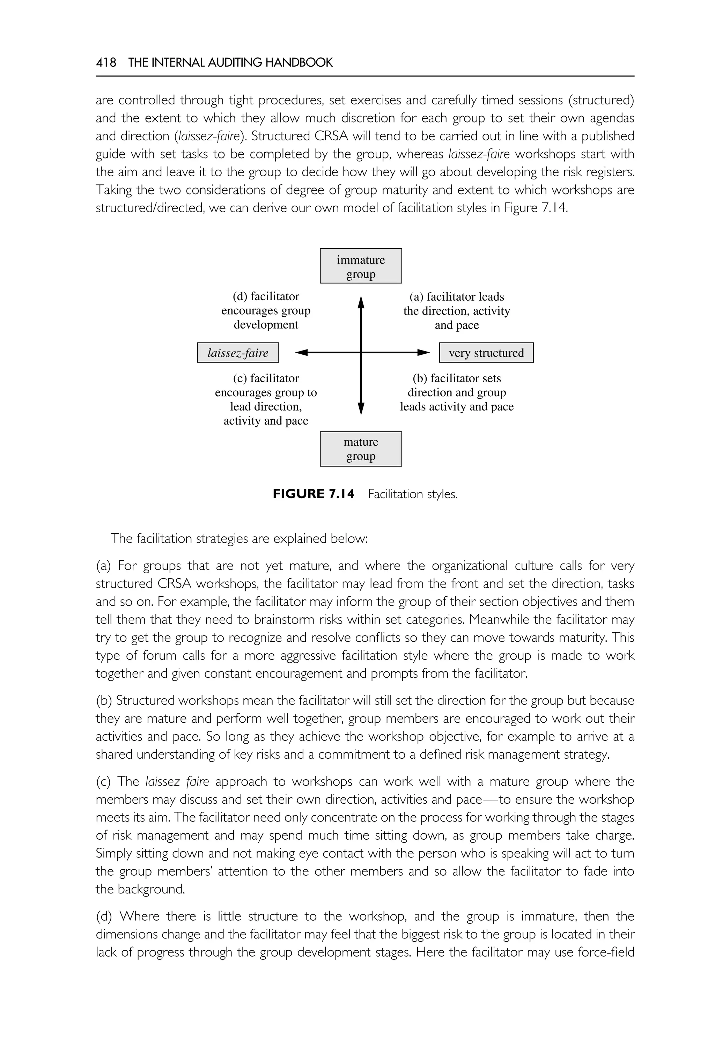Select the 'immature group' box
click(361, 266)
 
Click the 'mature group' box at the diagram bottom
click(361, 449)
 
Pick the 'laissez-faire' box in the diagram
click(238, 353)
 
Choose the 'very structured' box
click(486, 353)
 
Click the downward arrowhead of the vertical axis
click(361, 408)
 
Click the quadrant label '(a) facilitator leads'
click(457, 297)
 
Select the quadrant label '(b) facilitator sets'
click(457, 378)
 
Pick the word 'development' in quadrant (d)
click(266, 325)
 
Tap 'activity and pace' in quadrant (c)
click(266, 421)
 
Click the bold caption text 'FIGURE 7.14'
click(313, 494)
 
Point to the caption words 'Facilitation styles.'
click(413, 494)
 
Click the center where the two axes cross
click(361, 353)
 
